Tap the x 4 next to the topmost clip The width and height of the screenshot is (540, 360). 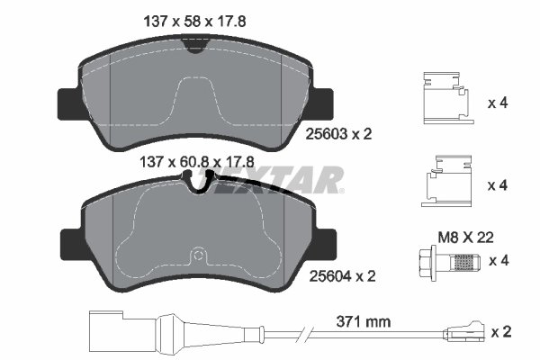pyautogui.click(x=498, y=103)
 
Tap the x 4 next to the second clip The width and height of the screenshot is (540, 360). pyautogui.click(x=498, y=186)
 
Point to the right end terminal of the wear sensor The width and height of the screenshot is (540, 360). pyautogui.click(x=469, y=331)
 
